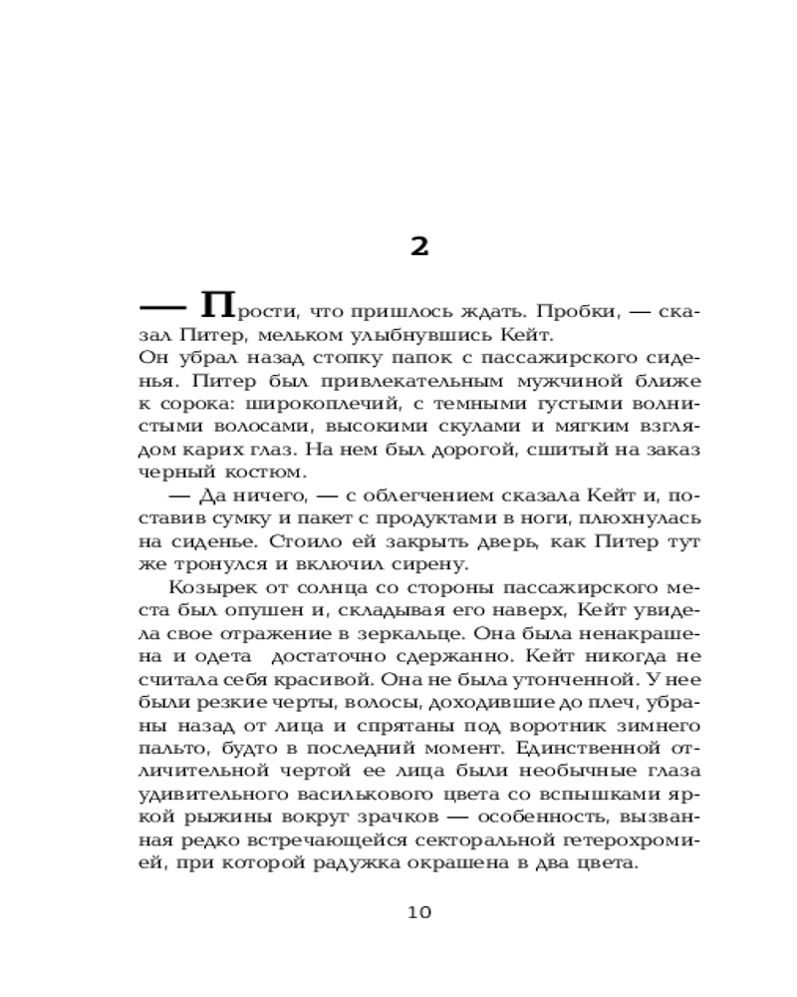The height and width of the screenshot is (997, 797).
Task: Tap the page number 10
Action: pos(419,912)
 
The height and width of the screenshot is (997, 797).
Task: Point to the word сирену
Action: pos(439,564)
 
